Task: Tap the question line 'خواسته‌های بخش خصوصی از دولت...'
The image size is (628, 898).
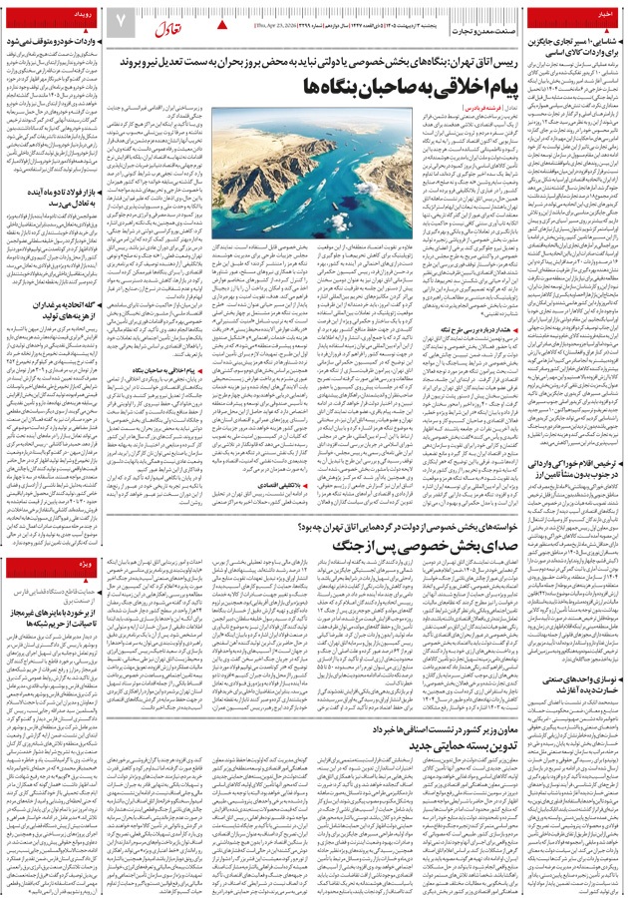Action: click(398, 526)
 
